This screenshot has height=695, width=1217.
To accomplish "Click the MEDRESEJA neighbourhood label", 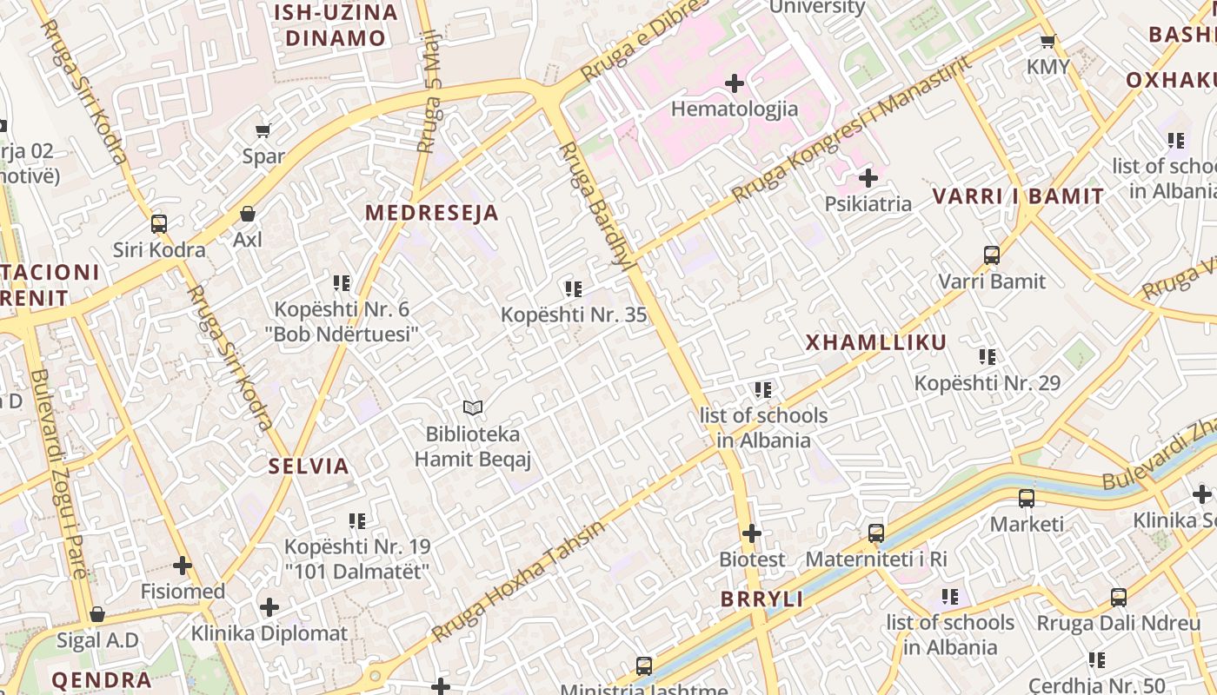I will tap(431, 213).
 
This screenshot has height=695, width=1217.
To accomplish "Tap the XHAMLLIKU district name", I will tap(875, 342).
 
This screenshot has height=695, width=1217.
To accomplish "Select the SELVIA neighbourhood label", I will tap(309, 467).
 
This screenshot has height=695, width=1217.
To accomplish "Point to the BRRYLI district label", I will tap(761, 599).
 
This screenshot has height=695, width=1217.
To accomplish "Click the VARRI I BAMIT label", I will tap(1018, 196).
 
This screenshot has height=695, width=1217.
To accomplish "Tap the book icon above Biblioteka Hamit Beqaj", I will tap(473, 407).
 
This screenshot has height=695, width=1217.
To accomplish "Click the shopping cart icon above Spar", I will tap(263, 131).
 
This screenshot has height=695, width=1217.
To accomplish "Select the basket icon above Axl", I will tap(248, 214).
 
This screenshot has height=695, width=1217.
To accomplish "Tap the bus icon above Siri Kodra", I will tap(159, 224).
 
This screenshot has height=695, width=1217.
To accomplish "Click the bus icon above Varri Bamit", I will tap(992, 255).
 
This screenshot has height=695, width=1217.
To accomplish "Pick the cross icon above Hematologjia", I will tap(735, 83).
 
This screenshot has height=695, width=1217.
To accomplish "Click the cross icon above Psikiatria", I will tap(868, 179).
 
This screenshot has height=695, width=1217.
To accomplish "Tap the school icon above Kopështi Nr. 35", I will tap(573, 288).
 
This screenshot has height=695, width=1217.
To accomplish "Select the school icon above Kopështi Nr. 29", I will tap(988, 356).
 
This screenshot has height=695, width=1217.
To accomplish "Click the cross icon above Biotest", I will tap(752, 533).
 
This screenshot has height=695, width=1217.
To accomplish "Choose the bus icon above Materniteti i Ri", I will tap(876, 533).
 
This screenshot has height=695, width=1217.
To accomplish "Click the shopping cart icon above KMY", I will tap(1048, 41).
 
